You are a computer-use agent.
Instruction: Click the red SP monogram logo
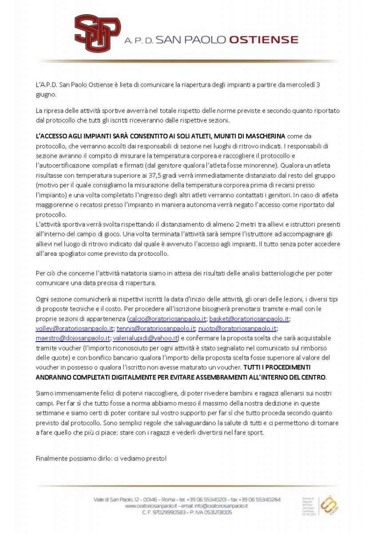tap(97, 33)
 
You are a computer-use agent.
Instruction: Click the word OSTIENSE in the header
tap(263, 40)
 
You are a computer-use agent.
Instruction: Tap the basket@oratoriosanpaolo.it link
tap(249, 319)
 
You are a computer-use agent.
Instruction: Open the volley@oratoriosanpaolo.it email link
tap(75, 329)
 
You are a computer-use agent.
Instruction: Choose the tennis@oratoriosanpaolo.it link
tap(156, 329)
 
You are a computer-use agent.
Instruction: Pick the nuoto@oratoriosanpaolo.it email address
tap(237, 329)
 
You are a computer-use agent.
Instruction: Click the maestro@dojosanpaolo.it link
tap(73, 338)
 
